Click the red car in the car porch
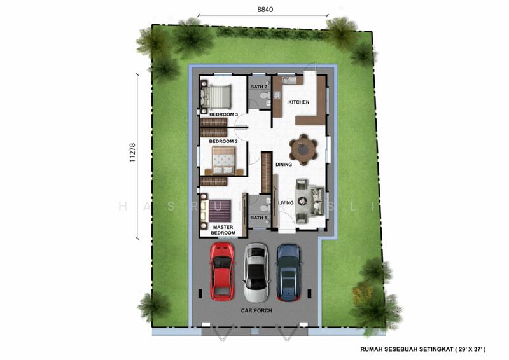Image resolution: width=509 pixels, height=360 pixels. click(221, 272)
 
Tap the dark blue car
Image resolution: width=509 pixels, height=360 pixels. click(288, 272)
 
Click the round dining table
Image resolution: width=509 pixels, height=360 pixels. click(303, 150)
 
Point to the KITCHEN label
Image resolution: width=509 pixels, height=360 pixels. click(299, 102)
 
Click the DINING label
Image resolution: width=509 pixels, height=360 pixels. click(284, 165)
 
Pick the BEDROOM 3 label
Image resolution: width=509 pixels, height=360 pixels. click(219, 114)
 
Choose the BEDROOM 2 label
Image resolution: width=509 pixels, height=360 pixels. click(219, 141)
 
